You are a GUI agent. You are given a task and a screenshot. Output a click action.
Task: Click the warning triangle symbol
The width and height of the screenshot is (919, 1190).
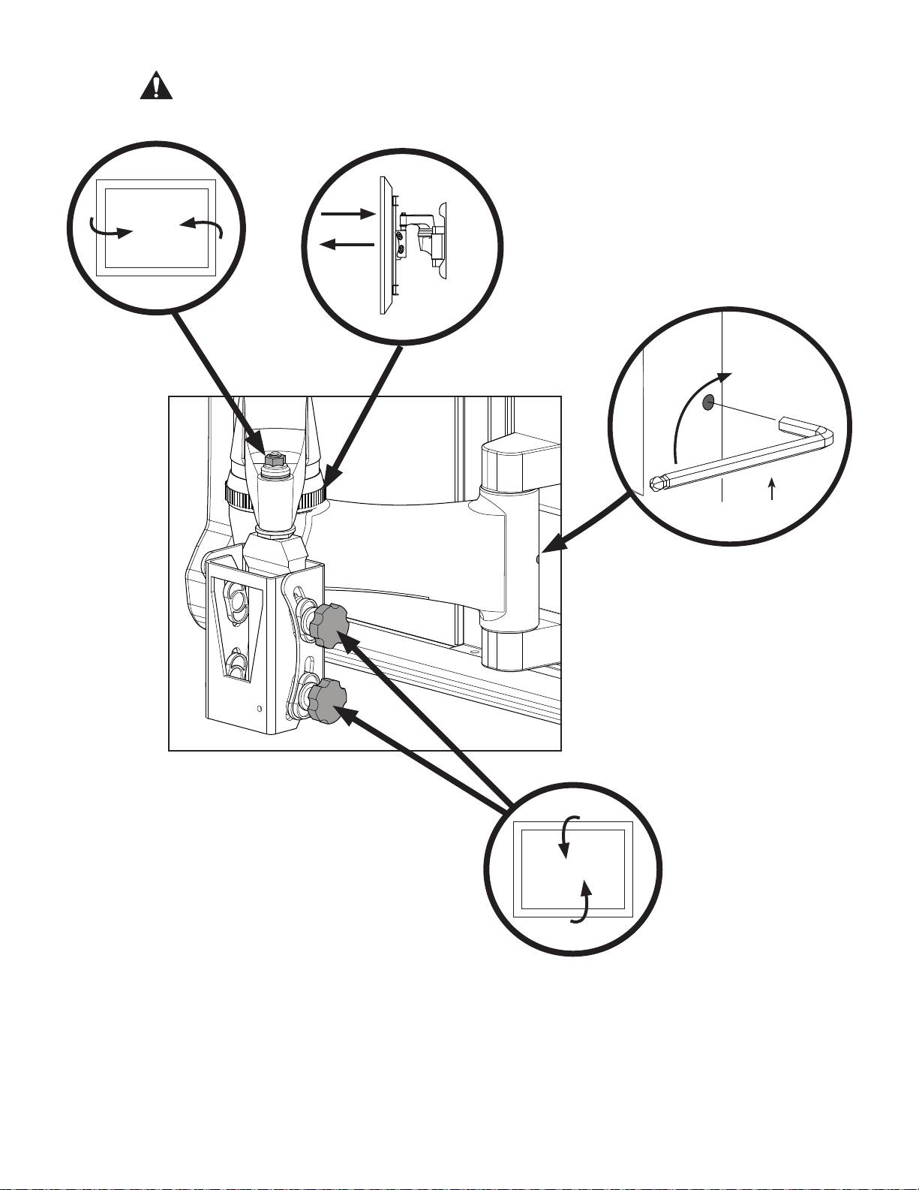156,87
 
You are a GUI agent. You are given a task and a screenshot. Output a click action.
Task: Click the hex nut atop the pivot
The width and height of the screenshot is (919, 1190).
277,460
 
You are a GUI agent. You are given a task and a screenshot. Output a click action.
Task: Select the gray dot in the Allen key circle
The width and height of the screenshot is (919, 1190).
708,403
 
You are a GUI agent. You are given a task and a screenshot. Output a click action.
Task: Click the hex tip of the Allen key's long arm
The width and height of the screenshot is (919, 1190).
657,483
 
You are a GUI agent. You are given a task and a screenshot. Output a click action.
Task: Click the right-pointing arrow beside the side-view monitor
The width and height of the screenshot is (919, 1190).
347,214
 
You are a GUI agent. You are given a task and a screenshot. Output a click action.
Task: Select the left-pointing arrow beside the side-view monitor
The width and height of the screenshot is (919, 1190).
347,244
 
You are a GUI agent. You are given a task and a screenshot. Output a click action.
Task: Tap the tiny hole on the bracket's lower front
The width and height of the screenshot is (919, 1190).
260,708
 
